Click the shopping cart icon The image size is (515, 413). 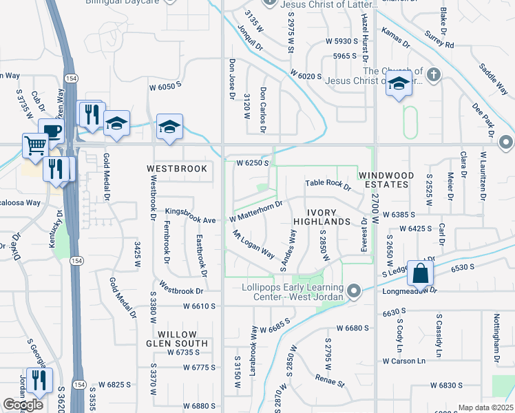coord(35,145)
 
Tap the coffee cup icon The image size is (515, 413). coord(52,131)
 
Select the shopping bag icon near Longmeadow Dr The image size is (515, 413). coord(419,273)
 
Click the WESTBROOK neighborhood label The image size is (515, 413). coord(177,169)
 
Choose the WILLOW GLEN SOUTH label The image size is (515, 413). coord(176,337)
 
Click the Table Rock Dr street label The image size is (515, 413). coord(328,184)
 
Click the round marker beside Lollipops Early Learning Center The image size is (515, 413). coord(354,292)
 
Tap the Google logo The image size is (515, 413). coord(23,405)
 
